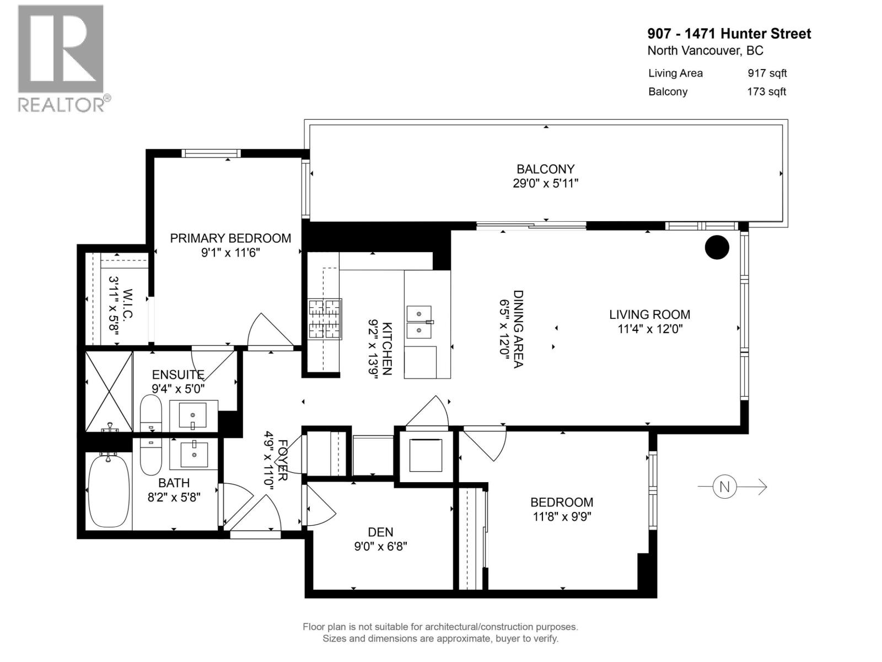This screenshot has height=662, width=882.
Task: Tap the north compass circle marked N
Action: (x=724, y=487)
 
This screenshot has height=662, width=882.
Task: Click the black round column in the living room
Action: (x=717, y=247)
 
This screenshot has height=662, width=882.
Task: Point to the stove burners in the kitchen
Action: (x=325, y=318)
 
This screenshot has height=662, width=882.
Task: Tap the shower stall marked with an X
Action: (x=109, y=392)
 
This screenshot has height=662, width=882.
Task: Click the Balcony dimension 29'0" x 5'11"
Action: (x=545, y=183)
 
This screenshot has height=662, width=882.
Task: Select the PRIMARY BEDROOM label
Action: (x=230, y=238)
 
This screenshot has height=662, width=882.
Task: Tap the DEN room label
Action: (x=380, y=532)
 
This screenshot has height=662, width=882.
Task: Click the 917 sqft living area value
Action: (x=767, y=73)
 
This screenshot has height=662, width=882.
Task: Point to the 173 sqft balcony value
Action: (x=766, y=92)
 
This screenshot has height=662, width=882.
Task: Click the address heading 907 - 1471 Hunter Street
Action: (x=729, y=34)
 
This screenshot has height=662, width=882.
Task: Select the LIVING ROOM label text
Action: (x=649, y=314)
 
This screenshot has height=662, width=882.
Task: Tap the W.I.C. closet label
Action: (x=128, y=304)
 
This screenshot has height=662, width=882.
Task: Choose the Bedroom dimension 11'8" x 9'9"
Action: (x=562, y=516)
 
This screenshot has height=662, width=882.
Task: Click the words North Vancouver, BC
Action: (x=705, y=51)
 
